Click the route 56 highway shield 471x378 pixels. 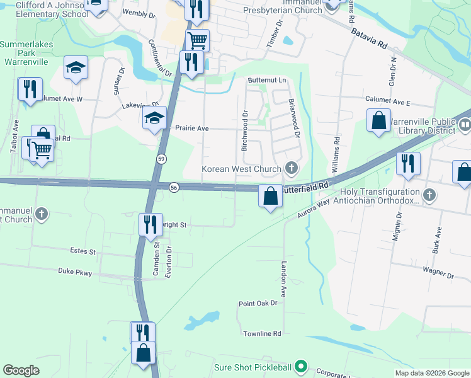click(x=174, y=186)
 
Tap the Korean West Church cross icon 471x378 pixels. click(x=290, y=168)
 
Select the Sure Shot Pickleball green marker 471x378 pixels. click(x=301, y=366)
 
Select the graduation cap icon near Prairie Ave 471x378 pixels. click(x=154, y=118)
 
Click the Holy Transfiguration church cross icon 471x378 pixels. click(x=429, y=195)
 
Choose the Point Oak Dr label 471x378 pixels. click(x=258, y=303)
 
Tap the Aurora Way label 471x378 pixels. click(x=314, y=209)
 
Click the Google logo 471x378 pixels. click(x=21, y=370)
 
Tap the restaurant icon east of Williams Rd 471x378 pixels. click(x=408, y=163)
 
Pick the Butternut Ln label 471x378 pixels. click(x=266, y=81)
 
